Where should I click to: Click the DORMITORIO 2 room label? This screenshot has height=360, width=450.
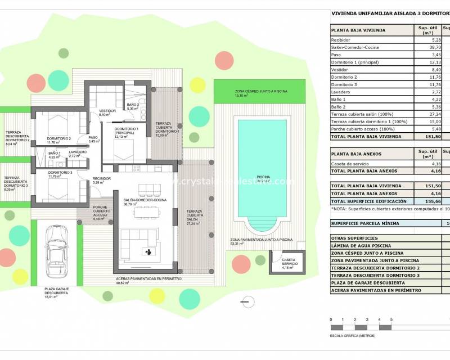pos(59,139)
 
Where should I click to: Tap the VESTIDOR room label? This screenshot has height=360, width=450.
pos(107,112)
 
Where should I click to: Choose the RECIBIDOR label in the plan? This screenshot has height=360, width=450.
pos(102,179)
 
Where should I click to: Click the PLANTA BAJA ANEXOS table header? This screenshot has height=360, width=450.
pos(357,154)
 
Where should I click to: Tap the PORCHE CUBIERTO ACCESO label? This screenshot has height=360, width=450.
pos(103,210)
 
